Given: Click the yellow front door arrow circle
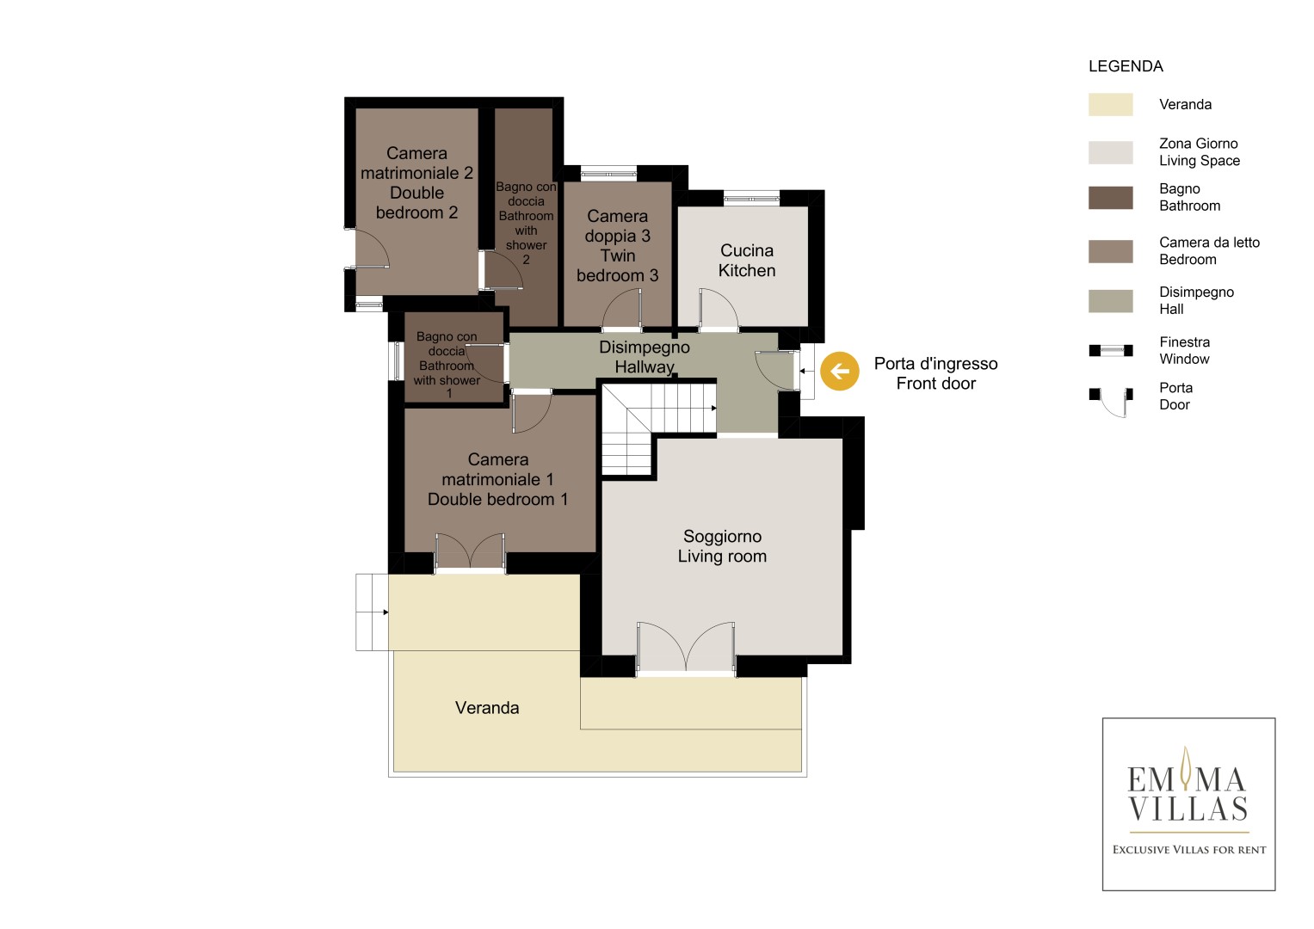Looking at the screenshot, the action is tap(840, 371).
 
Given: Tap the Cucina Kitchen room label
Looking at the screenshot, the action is tap(747, 261).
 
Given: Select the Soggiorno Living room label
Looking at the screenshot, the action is tap(722, 546).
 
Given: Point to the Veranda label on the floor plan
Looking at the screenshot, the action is tap(487, 708).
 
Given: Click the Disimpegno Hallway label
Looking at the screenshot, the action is tap(645, 357).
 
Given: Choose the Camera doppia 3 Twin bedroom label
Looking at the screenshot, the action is tap(617, 246).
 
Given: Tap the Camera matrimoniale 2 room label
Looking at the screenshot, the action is tap(416, 183).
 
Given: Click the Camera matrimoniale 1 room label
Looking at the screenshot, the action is tap(497, 479).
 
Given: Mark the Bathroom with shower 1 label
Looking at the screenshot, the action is tap(447, 365).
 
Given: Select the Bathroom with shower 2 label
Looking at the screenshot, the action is tap(526, 223).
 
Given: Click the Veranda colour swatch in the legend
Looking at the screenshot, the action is tap(1110, 104).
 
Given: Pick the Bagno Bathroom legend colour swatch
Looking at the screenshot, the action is tap(1110, 198).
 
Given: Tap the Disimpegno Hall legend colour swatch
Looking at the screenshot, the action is tap(1110, 301).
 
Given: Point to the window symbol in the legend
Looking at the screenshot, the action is tap(1110, 351).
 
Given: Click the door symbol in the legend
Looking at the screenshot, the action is tap(1111, 402).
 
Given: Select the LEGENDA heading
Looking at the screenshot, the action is tap(1126, 66).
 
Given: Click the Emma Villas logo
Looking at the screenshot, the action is tap(1188, 804).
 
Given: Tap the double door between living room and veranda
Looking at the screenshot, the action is tap(686, 648).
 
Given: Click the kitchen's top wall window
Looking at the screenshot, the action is tap(751, 198).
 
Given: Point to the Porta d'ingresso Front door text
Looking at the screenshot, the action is tap(935, 373).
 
